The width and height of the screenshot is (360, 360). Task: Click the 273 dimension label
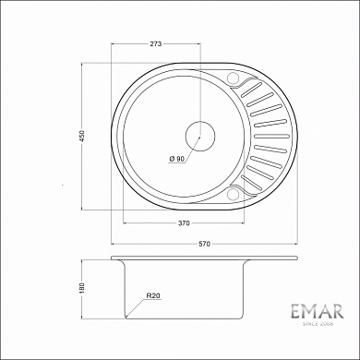(x=156, y=43)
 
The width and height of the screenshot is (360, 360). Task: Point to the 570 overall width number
(x=205, y=244)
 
